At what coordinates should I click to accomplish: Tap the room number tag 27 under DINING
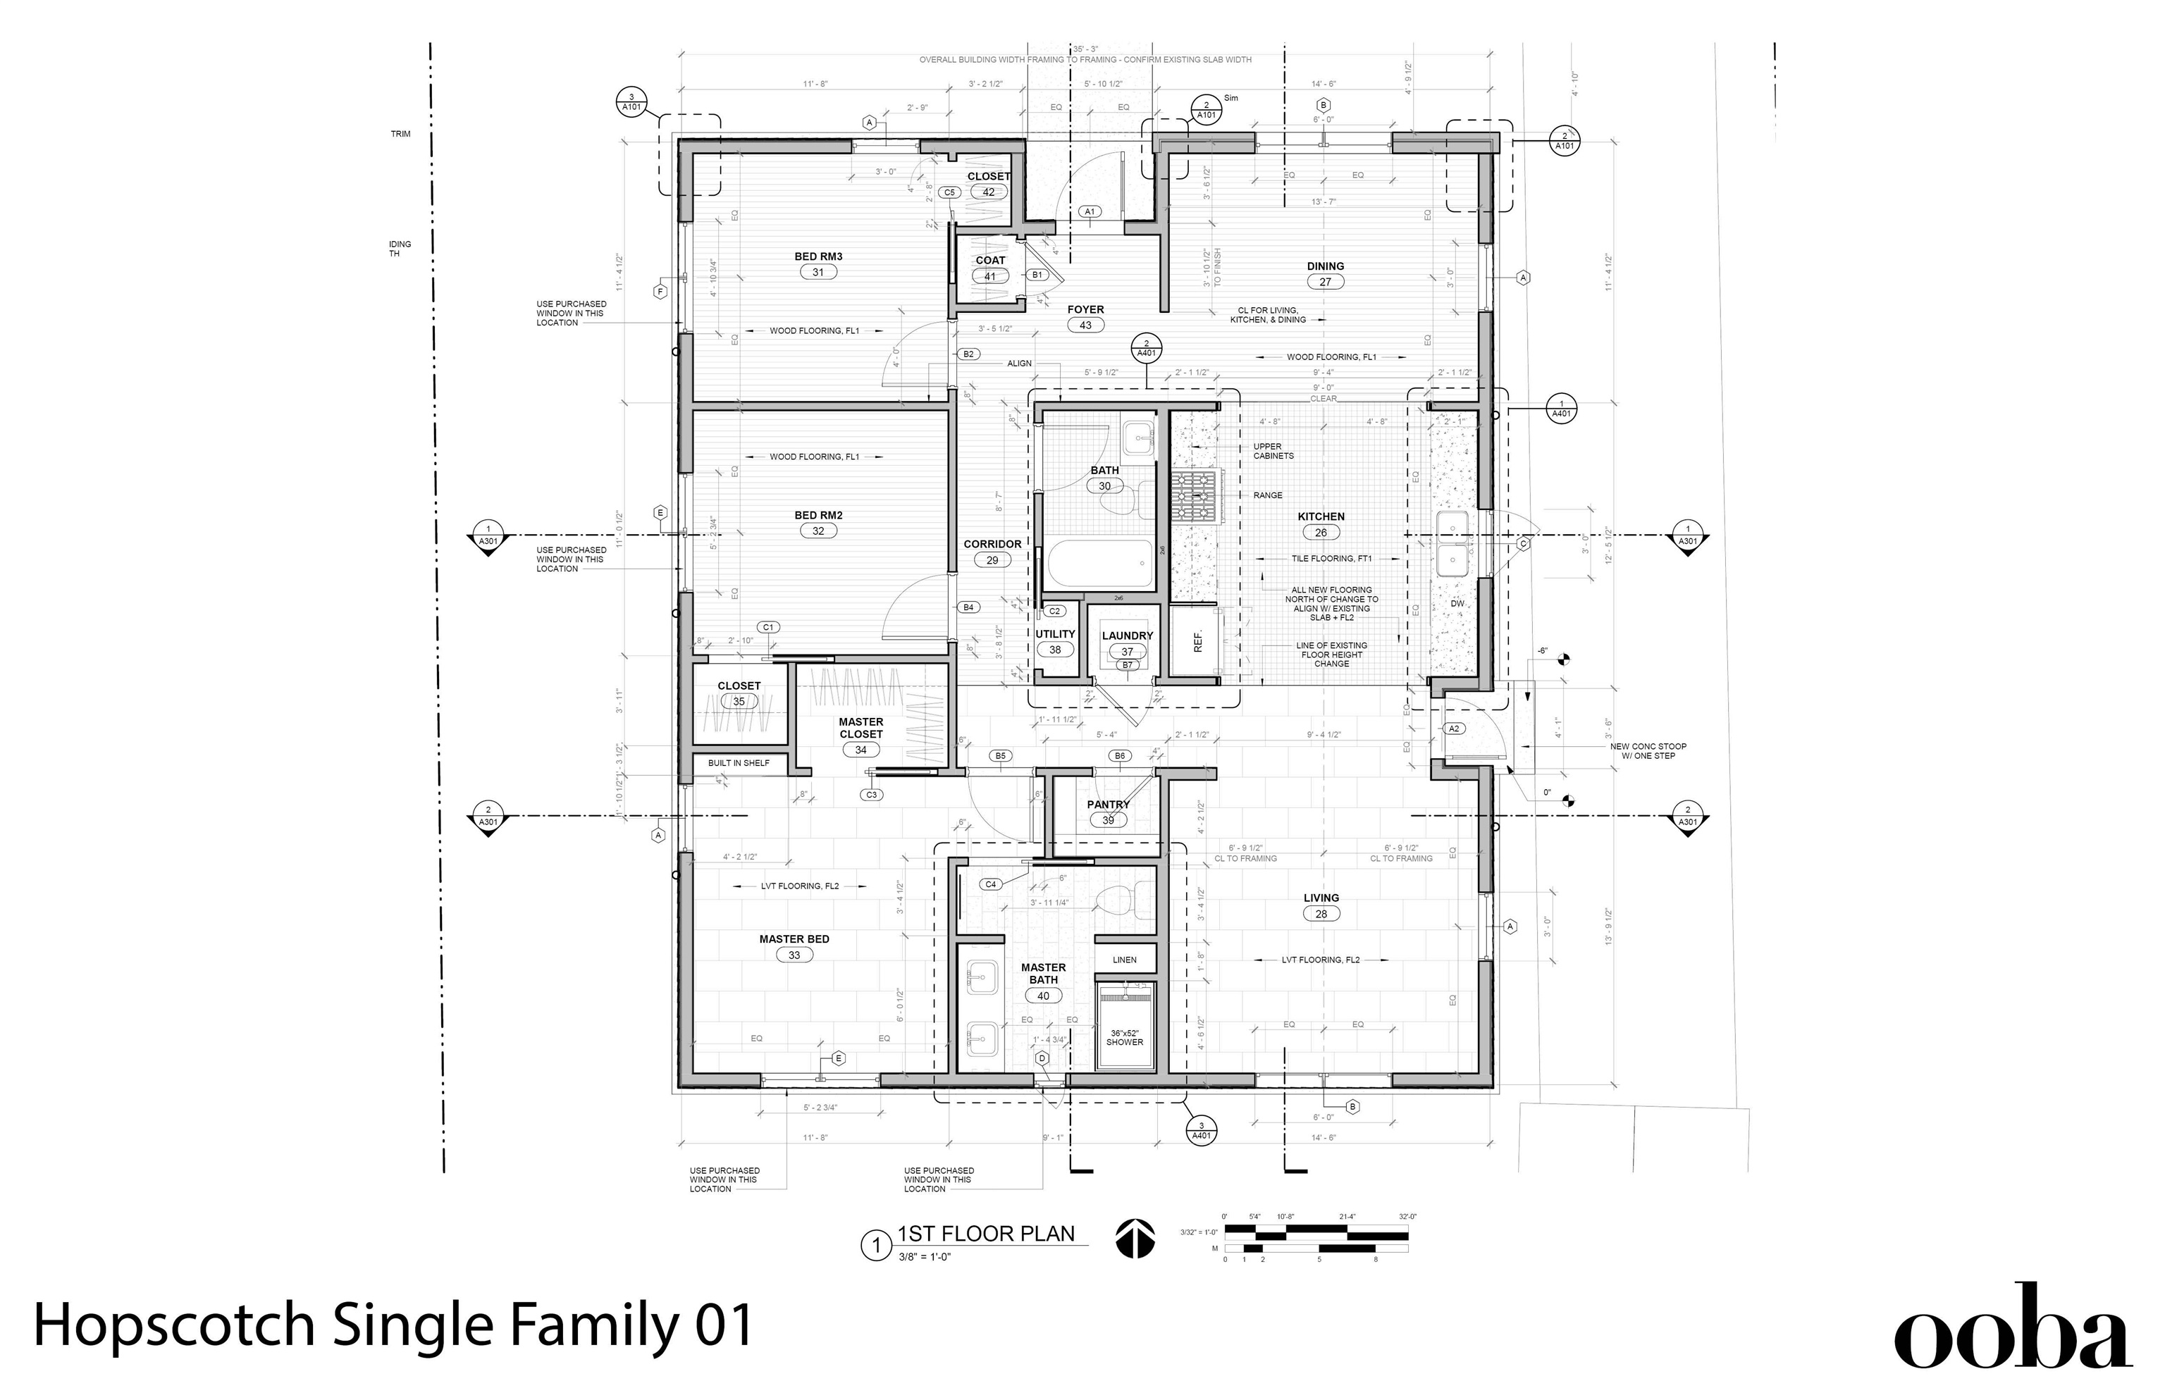[x=1325, y=282]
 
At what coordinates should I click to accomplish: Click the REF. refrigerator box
[x=1197, y=642]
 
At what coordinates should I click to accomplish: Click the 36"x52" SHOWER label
[x=1125, y=1037]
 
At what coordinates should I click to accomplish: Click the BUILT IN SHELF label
[x=739, y=764]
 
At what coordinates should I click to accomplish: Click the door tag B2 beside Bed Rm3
[x=968, y=354]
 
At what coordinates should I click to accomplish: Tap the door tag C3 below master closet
[x=872, y=795]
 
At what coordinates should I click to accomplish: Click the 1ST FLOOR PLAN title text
[x=986, y=1234]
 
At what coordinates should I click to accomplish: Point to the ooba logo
[x=2011, y=1328]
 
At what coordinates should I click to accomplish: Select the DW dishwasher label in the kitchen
[x=1457, y=604]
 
